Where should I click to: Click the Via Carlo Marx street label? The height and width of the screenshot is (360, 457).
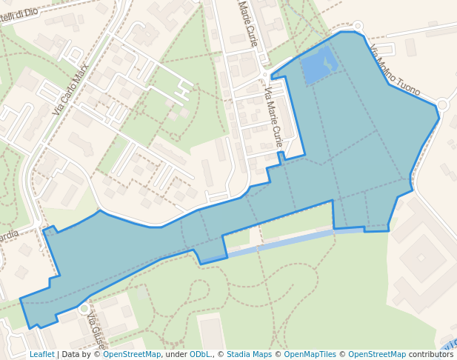(71, 88)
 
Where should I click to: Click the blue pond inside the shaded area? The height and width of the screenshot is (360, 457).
(319, 66)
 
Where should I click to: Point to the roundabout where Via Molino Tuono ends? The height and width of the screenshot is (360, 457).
(443, 105)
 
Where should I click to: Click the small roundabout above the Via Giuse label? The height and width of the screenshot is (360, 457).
(84, 307)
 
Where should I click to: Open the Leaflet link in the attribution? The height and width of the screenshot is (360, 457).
(41, 355)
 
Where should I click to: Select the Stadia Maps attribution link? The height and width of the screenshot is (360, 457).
(249, 355)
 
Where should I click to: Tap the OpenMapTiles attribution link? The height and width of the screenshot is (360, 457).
(311, 355)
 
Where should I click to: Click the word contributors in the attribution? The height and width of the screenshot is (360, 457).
(431, 355)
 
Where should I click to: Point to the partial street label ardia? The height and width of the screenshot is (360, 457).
(9, 236)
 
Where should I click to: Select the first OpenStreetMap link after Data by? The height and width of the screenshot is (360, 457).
(132, 355)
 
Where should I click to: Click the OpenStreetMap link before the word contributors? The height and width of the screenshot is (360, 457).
(377, 355)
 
